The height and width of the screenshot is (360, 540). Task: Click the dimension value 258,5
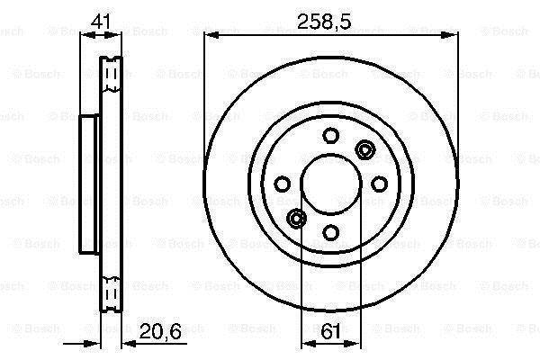coord(324,22)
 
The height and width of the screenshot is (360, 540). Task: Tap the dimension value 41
coord(101,22)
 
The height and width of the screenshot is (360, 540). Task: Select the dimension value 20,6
coord(160,332)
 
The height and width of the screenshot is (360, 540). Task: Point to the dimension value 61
coord(330,332)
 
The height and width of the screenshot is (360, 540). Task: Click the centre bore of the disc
coord(331,184)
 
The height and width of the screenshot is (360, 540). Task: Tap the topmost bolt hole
coord(330,135)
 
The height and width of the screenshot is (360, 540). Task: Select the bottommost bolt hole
coord(330,232)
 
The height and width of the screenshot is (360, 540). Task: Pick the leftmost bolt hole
coord(282,184)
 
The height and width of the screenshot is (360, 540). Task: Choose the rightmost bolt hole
coord(379,184)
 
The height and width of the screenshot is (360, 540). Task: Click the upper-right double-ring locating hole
coord(364,150)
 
